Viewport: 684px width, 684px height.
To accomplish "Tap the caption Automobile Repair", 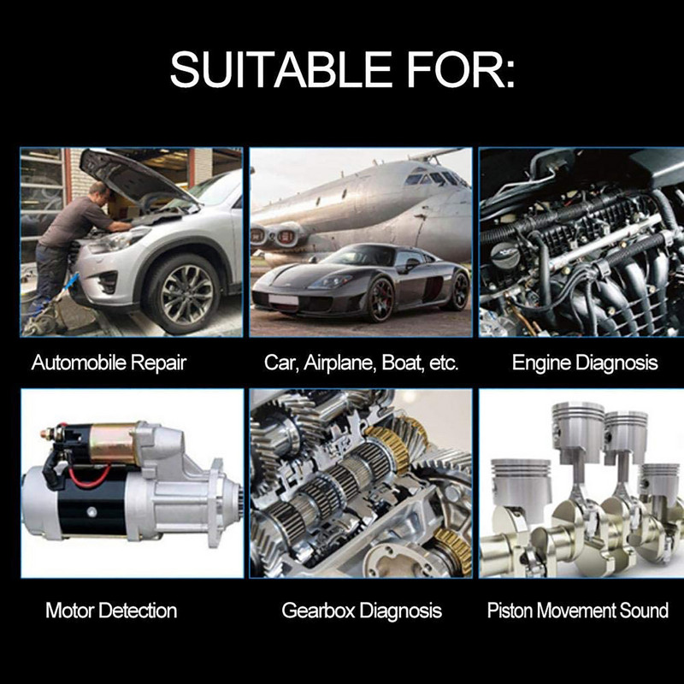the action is pyautogui.click(x=109, y=363).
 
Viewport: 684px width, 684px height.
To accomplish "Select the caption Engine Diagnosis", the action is pyautogui.click(x=585, y=363).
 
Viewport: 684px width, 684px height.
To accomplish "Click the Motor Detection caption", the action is pyautogui.click(x=111, y=610).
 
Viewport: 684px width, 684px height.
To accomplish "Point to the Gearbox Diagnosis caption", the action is pyautogui.click(x=362, y=610).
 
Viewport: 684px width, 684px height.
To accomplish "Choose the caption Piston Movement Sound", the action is pyautogui.click(x=578, y=610).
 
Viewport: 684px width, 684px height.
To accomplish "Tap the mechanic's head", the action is pyautogui.click(x=100, y=194).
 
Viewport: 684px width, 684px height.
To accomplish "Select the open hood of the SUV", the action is pyautogui.click(x=135, y=176).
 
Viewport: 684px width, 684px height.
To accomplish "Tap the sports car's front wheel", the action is pyautogui.click(x=380, y=300).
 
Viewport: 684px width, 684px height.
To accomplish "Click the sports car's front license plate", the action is pyautogui.click(x=283, y=300).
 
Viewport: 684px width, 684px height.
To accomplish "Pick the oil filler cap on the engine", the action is pyautogui.click(x=504, y=254).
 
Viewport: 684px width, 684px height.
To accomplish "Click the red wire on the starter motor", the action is pyautogui.click(x=91, y=477).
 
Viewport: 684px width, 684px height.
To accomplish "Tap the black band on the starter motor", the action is pyautogui.click(x=91, y=505).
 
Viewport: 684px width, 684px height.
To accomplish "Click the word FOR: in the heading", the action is pyautogui.click(x=461, y=69).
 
